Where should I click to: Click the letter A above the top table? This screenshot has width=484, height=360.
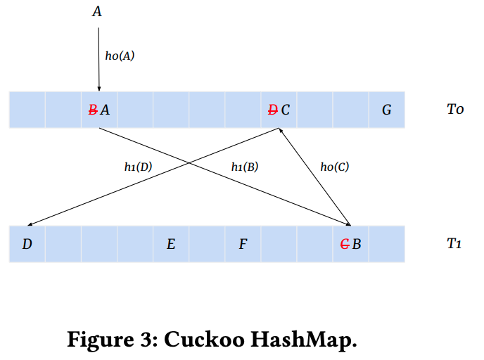97,12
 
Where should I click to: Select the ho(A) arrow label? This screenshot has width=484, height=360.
120,56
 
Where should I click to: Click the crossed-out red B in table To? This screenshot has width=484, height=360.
92,110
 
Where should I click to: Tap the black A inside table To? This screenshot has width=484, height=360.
105,110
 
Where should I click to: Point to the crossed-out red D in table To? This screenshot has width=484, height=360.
273,110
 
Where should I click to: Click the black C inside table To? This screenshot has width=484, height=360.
285,110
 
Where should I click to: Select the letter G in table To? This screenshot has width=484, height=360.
386,110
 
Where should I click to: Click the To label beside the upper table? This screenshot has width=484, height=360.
455,110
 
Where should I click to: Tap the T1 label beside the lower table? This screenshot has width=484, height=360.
454,244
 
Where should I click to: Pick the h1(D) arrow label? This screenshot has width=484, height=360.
138,167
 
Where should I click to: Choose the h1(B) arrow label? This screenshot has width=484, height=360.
245,167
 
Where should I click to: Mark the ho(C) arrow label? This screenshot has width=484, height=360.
334,167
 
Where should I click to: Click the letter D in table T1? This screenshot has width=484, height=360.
27,245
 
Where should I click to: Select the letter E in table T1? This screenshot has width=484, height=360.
170,245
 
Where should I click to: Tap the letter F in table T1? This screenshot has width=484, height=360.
243,245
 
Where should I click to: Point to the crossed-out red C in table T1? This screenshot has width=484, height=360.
345,245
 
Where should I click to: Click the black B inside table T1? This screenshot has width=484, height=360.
357,245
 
